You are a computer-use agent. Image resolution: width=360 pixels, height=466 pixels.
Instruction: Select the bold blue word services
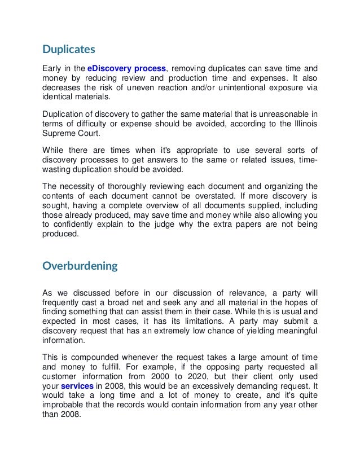[x=77, y=385]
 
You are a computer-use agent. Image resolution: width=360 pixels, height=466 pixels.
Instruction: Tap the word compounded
[x=95, y=357]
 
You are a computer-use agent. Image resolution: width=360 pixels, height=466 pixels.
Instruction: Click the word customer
[x=61, y=376]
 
